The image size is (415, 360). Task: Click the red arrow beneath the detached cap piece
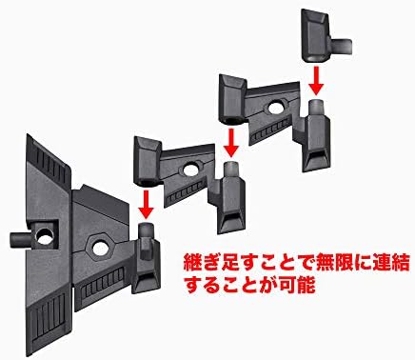(316, 80)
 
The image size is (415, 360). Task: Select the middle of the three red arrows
(231, 142)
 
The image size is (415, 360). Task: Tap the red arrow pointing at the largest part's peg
(146, 204)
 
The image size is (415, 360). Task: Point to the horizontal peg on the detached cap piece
(342, 46)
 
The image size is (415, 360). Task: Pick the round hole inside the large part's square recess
(45, 236)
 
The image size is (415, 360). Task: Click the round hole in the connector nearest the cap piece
(276, 108)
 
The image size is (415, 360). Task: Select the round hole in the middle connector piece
(189, 170)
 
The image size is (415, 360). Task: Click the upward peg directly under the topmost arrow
(317, 108)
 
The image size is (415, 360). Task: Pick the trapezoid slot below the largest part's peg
(147, 279)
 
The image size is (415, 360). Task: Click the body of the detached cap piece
(316, 35)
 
